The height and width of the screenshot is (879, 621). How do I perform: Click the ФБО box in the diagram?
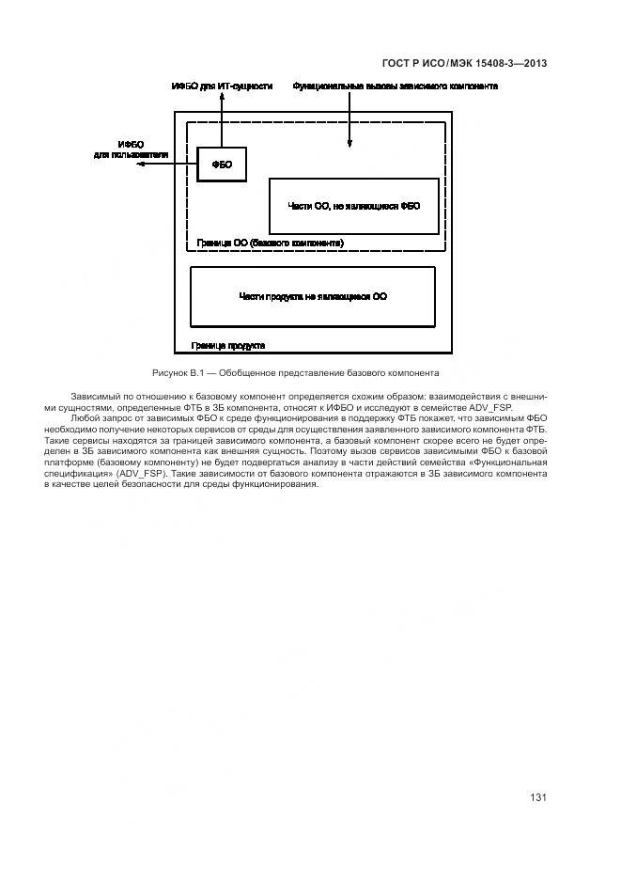(222, 164)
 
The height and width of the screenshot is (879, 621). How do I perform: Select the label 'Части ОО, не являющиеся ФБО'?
(354, 206)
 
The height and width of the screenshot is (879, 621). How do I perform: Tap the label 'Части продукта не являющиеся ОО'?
(313, 296)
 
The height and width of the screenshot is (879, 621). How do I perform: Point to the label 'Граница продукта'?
(228, 345)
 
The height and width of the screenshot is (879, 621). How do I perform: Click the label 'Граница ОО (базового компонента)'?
(271, 243)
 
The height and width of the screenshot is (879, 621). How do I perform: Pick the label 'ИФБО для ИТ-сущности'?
(222, 86)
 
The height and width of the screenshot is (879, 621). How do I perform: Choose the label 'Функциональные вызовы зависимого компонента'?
(395, 86)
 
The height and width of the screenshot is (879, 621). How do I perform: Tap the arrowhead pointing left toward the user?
(141, 164)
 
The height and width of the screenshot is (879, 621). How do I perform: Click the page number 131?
(538, 797)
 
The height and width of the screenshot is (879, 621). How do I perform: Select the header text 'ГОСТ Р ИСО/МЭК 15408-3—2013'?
(465, 63)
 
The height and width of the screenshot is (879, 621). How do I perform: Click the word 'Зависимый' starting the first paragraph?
(93, 397)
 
